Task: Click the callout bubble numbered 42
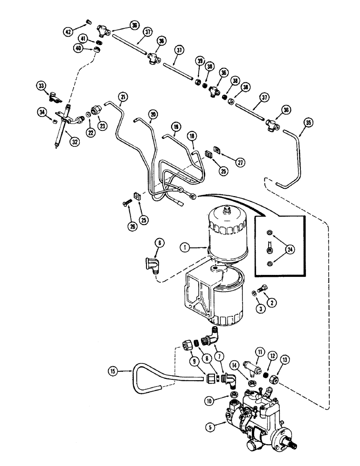point(69,32)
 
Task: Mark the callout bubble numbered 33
point(42,86)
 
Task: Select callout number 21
point(123,96)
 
